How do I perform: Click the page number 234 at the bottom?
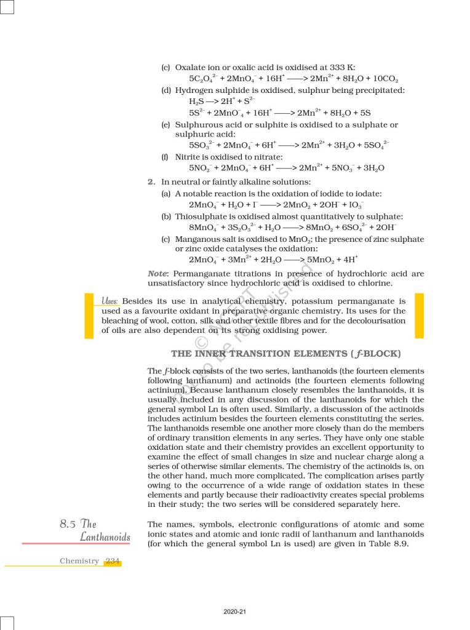click(113, 561)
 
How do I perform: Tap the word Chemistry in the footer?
click(79, 561)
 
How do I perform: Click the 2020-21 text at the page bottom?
click(235, 611)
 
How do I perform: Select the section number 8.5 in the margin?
click(68, 524)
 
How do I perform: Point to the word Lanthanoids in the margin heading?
click(105, 537)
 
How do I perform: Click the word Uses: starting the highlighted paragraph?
click(111, 301)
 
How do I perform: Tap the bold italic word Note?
click(159, 273)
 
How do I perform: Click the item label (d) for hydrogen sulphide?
click(166, 90)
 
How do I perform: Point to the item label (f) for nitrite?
click(165, 157)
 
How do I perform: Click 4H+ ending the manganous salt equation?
click(348, 260)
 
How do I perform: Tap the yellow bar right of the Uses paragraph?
click(419, 316)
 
